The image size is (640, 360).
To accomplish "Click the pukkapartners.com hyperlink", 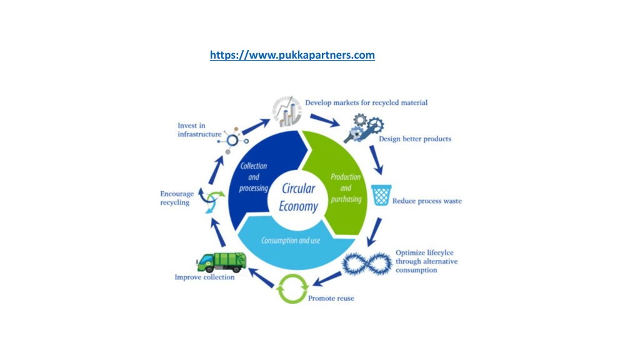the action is click(292, 55).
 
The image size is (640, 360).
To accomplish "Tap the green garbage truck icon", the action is click(221, 262).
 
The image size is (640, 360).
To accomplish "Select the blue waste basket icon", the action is click(381, 195).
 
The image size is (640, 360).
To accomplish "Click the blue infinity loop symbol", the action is click(367, 264).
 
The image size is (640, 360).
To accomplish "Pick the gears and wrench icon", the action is click(364, 128).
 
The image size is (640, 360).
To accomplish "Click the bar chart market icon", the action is click(287, 111).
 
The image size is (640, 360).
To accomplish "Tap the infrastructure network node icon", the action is click(232, 141).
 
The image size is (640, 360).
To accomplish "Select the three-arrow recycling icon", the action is click(212, 200).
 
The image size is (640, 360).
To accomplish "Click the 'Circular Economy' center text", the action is click(298, 197).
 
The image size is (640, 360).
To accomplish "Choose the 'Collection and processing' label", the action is click(254, 177).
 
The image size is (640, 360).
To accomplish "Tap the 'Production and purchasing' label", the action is click(346, 188).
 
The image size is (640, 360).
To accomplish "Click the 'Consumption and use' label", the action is click(291, 241).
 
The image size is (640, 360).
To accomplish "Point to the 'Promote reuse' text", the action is click(331, 298).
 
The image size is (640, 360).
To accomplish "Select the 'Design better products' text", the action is click(415, 139).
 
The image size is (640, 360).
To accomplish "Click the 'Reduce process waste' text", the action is click(427, 201).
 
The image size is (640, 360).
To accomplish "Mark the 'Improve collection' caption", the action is click(204, 277).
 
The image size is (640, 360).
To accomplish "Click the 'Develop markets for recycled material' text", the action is click(366, 102).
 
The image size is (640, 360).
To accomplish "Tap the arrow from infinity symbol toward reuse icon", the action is click(327, 279).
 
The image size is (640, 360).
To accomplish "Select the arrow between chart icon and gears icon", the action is click(325, 121).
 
